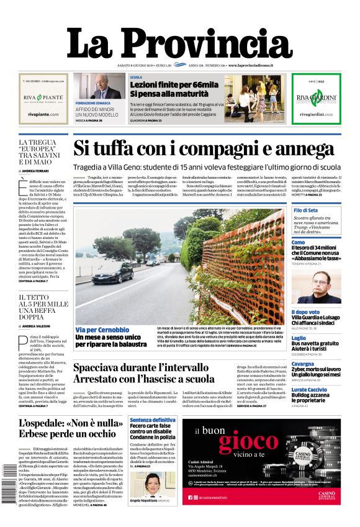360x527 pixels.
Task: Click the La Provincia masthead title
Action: pyautogui.click(x=179, y=43)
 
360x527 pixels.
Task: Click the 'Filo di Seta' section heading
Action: pyautogui.click(x=305, y=211)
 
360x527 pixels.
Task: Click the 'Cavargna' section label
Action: pyautogui.click(x=303, y=364)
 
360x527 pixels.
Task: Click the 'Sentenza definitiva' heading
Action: pyautogui.click(x=153, y=420)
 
